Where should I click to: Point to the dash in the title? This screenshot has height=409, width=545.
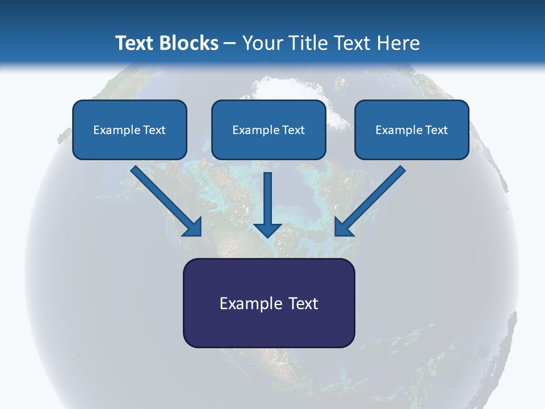coord(230,44)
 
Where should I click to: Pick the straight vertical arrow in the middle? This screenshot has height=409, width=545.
coord(268,196)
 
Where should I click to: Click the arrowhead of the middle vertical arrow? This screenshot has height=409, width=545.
coord(267,229)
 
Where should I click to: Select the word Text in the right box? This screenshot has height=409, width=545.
coord(437,130)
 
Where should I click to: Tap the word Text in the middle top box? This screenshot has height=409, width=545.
coord(294,130)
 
